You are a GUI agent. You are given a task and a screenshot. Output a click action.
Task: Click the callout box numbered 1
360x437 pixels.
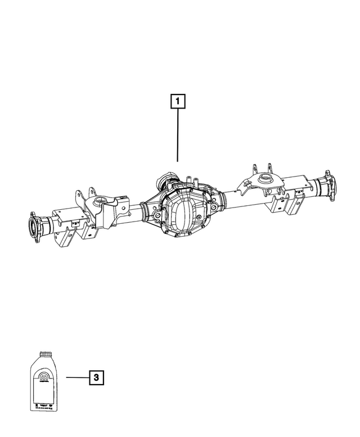(178, 102)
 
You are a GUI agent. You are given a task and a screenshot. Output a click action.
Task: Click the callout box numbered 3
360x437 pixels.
(96, 378)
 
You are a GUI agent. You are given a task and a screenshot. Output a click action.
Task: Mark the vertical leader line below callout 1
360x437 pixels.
(178, 135)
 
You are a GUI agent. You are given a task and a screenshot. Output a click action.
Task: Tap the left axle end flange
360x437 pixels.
(35, 228)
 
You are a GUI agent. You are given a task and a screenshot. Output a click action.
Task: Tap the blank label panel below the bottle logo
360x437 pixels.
(43, 394)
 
